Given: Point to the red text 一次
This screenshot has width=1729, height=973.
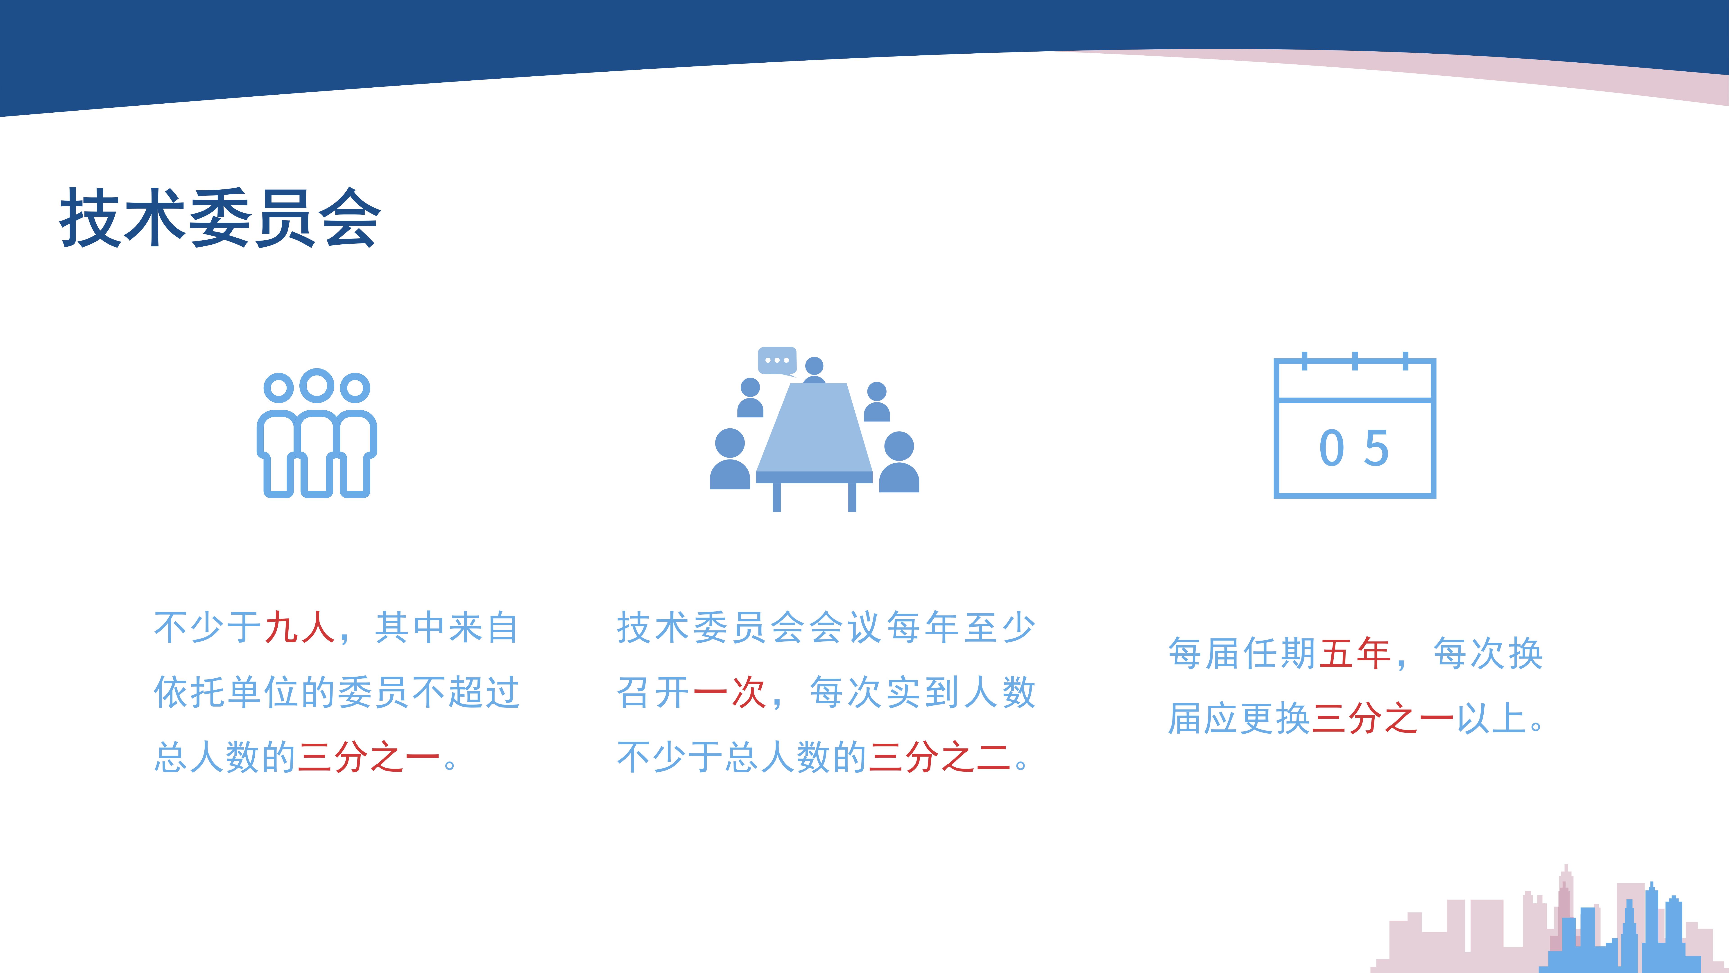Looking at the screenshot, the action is click(729, 692).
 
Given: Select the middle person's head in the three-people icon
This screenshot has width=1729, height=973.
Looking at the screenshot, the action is click(317, 385).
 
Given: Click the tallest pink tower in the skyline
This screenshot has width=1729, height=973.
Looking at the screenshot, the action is click(1565, 907).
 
